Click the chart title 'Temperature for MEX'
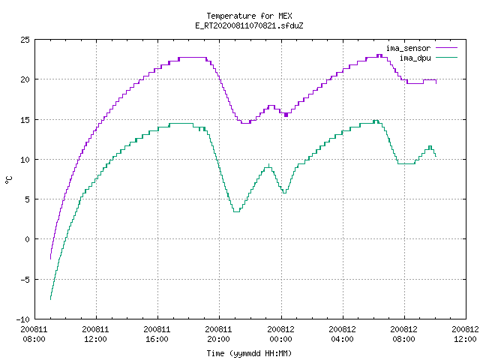[x=249, y=16]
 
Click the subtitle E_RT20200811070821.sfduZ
[x=249, y=25]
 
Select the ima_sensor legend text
[x=408, y=48]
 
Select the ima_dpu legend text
[x=415, y=58]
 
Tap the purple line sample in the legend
[x=447, y=48]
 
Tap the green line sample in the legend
[x=447, y=57]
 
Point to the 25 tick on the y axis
[x=25, y=40]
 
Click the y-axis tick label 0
[x=27, y=239]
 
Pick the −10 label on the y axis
[x=23, y=319]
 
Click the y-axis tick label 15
[x=25, y=120]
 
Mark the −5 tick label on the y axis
[x=25, y=280]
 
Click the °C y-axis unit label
[x=8, y=180]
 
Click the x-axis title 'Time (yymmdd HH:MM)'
[x=249, y=353]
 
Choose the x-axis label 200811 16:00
[x=157, y=334]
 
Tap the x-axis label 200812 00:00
[x=280, y=334]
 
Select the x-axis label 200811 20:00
[x=218, y=334]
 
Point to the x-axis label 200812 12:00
[x=465, y=334]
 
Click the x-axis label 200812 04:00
[x=342, y=334]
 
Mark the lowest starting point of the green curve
[x=50, y=299]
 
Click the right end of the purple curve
[x=436, y=83]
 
